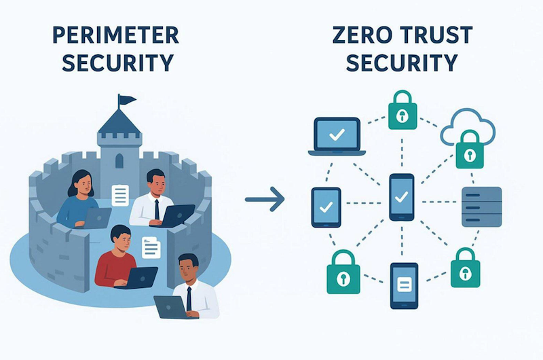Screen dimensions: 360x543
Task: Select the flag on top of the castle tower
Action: pyautogui.click(x=126, y=101)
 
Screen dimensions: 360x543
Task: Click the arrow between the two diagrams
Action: pyautogui.click(x=264, y=199)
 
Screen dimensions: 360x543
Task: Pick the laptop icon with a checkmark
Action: pyautogui.click(x=337, y=136)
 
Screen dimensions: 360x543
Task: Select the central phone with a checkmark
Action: pyautogui.click(x=401, y=197)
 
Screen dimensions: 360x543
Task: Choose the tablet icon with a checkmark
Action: pyautogui.click(x=326, y=206)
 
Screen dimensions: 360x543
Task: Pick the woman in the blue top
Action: pyautogui.click(x=79, y=198)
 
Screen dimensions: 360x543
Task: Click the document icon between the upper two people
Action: pyautogui.click(x=121, y=195)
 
